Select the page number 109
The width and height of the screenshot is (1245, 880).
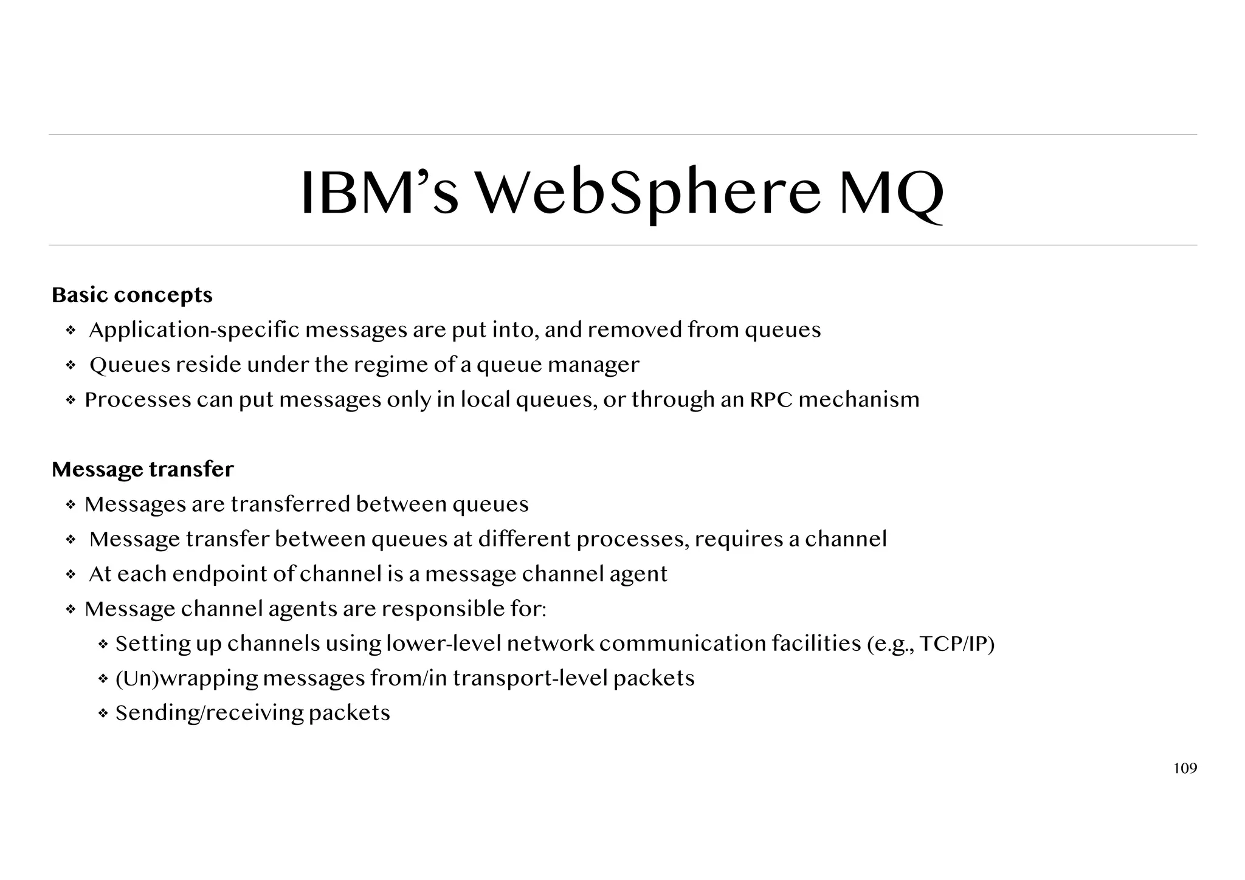click(x=1185, y=769)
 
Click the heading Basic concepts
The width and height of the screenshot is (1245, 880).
click(x=132, y=295)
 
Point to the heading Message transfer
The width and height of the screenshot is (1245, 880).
click(x=142, y=469)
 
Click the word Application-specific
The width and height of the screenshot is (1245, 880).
click(x=195, y=330)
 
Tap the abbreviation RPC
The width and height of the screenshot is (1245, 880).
click(x=771, y=400)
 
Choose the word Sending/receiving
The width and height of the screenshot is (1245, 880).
click(x=209, y=713)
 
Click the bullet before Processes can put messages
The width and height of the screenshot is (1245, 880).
click(x=71, y=400)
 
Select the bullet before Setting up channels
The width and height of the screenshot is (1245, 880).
click(x=103, y=644)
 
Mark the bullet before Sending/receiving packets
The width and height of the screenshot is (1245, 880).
click(x=103, y=713)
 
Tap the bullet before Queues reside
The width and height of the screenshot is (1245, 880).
click(x=71, y=365)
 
